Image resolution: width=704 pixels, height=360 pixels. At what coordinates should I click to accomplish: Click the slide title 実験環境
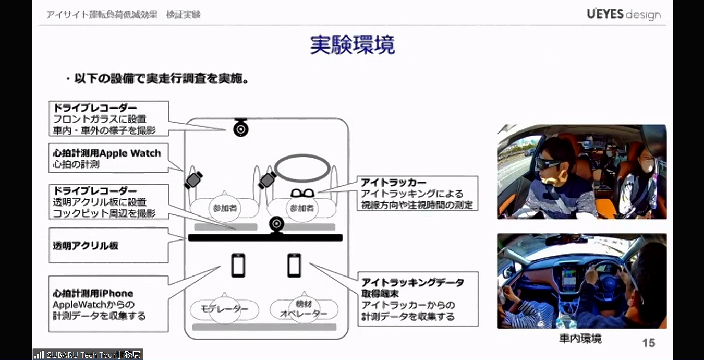(x=352, y=45)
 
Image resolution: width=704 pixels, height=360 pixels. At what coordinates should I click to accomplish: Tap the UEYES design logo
(x=623, y=14)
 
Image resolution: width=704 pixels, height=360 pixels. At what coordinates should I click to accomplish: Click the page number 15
(x=648, y=343)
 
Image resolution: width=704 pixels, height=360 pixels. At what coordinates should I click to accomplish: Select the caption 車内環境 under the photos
(x=580, y=339)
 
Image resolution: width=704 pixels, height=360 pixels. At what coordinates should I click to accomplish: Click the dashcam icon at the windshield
(x=240, y=127)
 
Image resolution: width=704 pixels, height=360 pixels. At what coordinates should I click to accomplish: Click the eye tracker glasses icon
(x=302, y=194)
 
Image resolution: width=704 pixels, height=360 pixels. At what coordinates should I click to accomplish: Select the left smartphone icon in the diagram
(x=238, y=265)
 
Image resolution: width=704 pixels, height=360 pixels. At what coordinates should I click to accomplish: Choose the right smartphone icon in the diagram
(x=294, y=265)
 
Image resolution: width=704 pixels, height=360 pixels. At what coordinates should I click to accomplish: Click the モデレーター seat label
(x=225, y=309)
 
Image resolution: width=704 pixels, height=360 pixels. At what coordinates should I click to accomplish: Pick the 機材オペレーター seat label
(x=304, y=309)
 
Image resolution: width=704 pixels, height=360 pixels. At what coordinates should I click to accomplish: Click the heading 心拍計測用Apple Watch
(x=107, y=153)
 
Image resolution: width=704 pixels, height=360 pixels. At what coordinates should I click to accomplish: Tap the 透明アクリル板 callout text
(x=86, y=245)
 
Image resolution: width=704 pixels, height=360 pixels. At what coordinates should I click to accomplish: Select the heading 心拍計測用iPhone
(x=93, y=293)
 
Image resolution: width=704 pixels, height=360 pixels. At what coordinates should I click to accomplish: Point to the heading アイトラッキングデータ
(x=412, y=282)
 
